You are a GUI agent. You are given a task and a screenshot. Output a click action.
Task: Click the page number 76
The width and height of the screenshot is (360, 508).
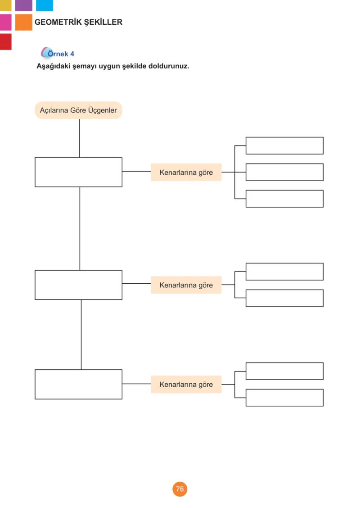pyautogui.click(x=180, y=489)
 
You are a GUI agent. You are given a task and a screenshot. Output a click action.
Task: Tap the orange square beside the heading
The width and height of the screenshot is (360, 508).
pyautogui.click(x=24, y=23)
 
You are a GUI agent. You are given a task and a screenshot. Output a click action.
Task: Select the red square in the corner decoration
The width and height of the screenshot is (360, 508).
pyautogui.click(x=5, y=42)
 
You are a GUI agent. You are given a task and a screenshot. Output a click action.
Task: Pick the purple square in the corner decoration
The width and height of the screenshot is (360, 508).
pyautogui.click(x=24, y=5)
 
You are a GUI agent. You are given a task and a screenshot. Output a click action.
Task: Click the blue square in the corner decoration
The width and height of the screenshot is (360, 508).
pyautogui.click(x=45, y=5)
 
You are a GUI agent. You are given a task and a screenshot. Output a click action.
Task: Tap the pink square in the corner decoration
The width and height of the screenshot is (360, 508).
pyautogui.click(x=5, y=23)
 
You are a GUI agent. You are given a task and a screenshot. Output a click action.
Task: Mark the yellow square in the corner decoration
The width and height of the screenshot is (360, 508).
pyautogui.click(x=5, y=5)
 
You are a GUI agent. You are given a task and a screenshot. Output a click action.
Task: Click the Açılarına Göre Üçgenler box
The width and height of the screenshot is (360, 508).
pyautogui.click(x=78, y=110)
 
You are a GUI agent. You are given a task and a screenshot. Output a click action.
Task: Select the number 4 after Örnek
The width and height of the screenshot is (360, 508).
pyautogui.click(x=72, y=54)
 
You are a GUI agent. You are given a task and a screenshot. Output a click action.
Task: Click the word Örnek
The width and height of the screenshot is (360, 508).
pyautogui.click(x=58, y=54)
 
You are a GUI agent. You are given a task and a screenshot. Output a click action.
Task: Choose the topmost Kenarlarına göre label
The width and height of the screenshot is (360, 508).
pyautogui.click(x=186, y=172)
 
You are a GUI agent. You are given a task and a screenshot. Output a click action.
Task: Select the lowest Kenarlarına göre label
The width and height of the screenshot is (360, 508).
pyautogui.click(x=186, y=384)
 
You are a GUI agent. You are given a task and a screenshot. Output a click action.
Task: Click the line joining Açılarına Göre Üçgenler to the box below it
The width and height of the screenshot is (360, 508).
pyautogui.click(x=79, y=138)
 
